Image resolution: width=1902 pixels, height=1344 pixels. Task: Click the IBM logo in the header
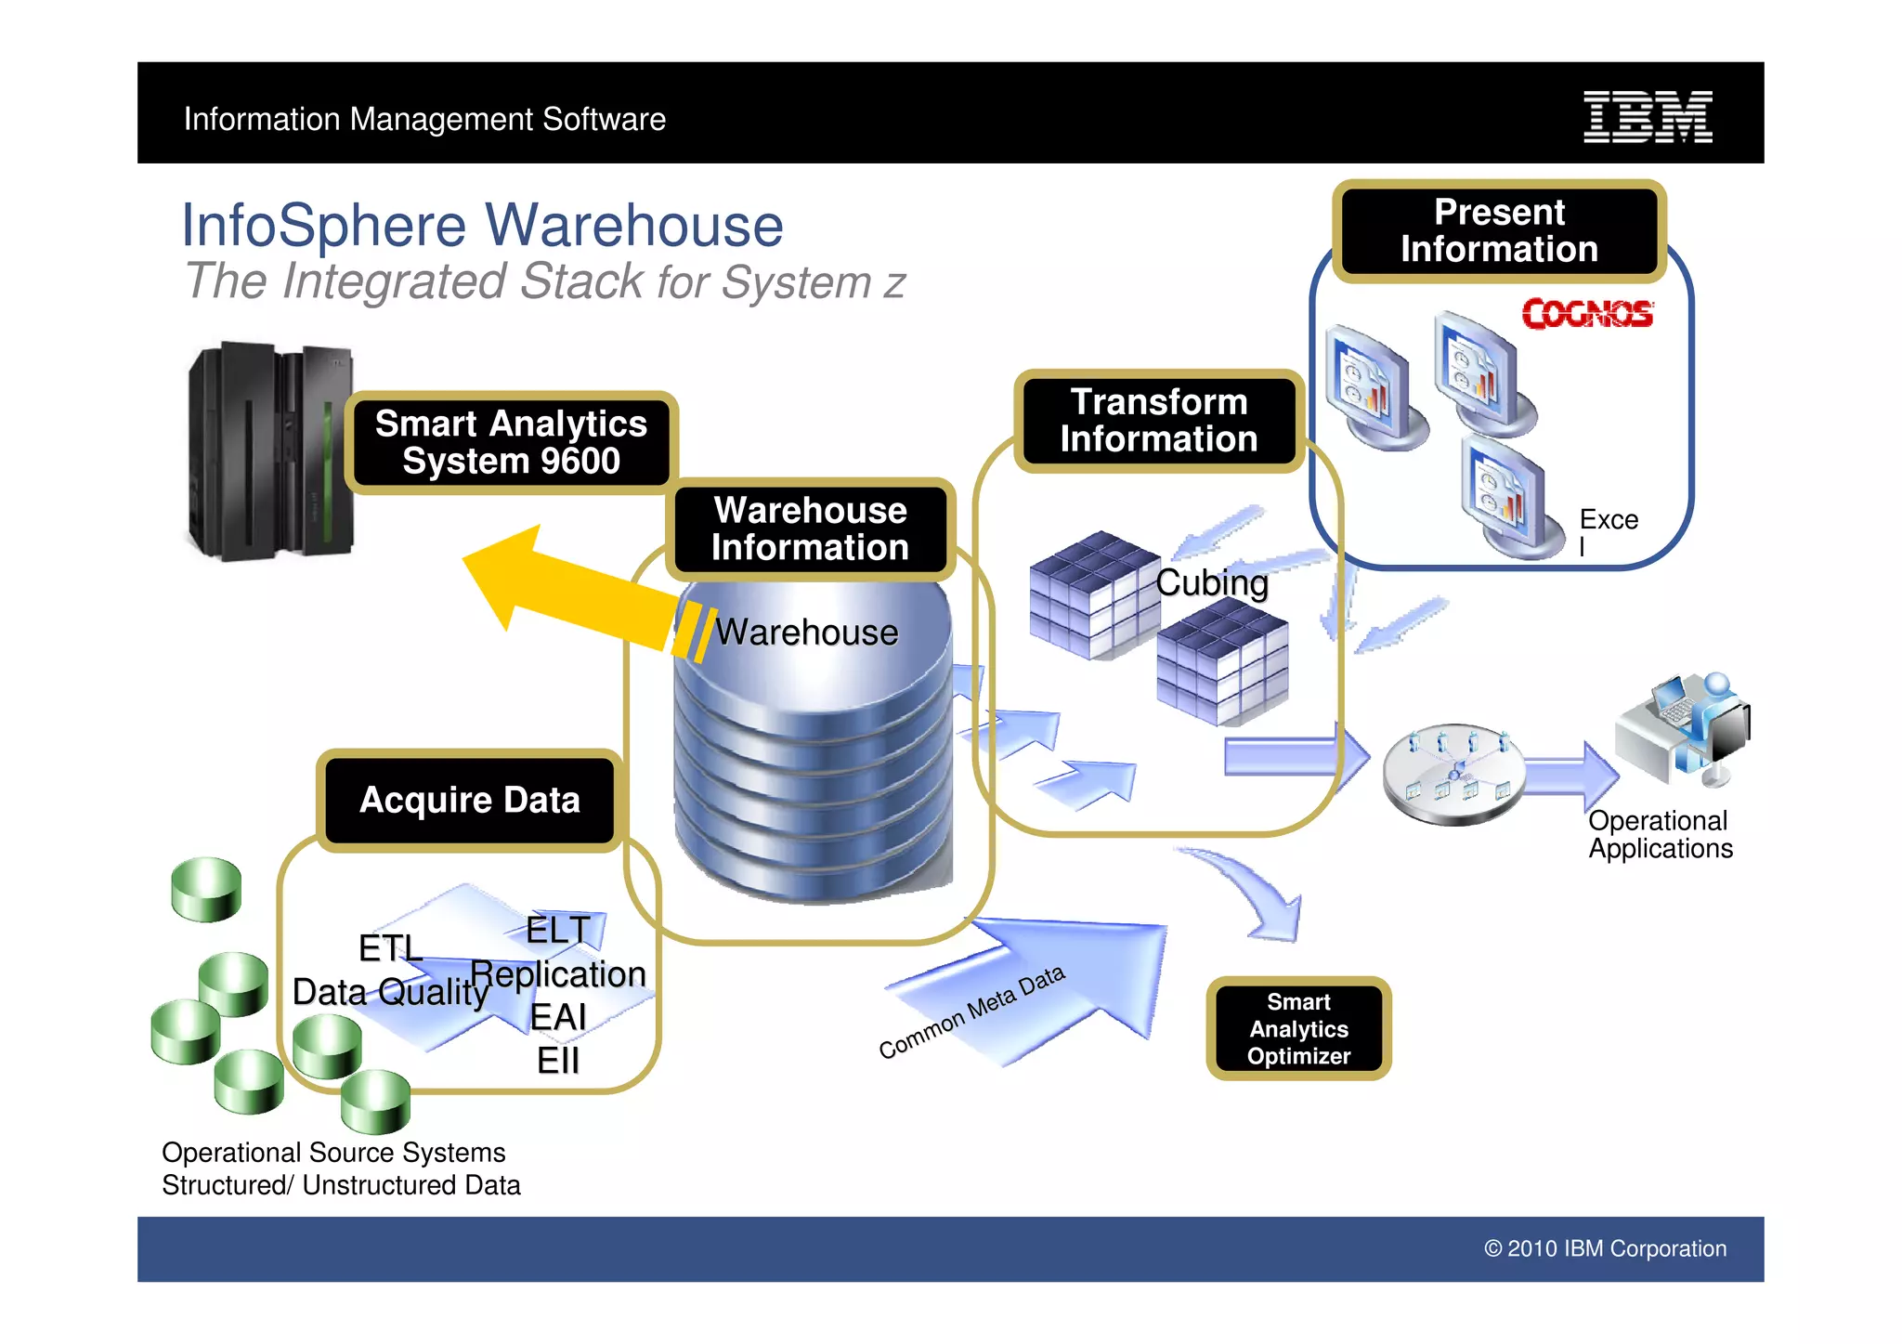1647,117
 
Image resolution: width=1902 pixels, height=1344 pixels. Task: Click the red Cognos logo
1587,314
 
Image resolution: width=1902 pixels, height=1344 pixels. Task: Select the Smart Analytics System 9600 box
511,443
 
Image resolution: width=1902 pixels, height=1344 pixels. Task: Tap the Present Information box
1499,231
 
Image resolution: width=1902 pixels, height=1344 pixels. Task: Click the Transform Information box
1158,421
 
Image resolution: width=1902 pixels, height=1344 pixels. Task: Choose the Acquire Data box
469,800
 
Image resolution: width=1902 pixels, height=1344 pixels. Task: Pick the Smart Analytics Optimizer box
1297,1028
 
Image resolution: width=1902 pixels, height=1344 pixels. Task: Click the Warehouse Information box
810,529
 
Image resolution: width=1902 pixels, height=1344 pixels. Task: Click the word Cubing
1211,583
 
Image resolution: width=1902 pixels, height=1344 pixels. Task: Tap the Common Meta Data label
971,1011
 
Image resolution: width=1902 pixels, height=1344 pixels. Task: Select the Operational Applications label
1660,834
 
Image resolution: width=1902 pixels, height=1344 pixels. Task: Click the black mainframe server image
269,452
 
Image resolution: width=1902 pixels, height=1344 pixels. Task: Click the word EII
557,1060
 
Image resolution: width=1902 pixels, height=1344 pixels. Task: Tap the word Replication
558,974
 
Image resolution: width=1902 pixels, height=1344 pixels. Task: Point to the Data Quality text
390,992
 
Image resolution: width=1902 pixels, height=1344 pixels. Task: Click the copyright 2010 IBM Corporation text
1605,1248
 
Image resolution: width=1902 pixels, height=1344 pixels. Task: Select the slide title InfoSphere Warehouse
482,226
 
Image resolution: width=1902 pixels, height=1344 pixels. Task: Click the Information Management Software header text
424,119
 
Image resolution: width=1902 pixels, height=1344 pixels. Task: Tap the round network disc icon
1453,774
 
